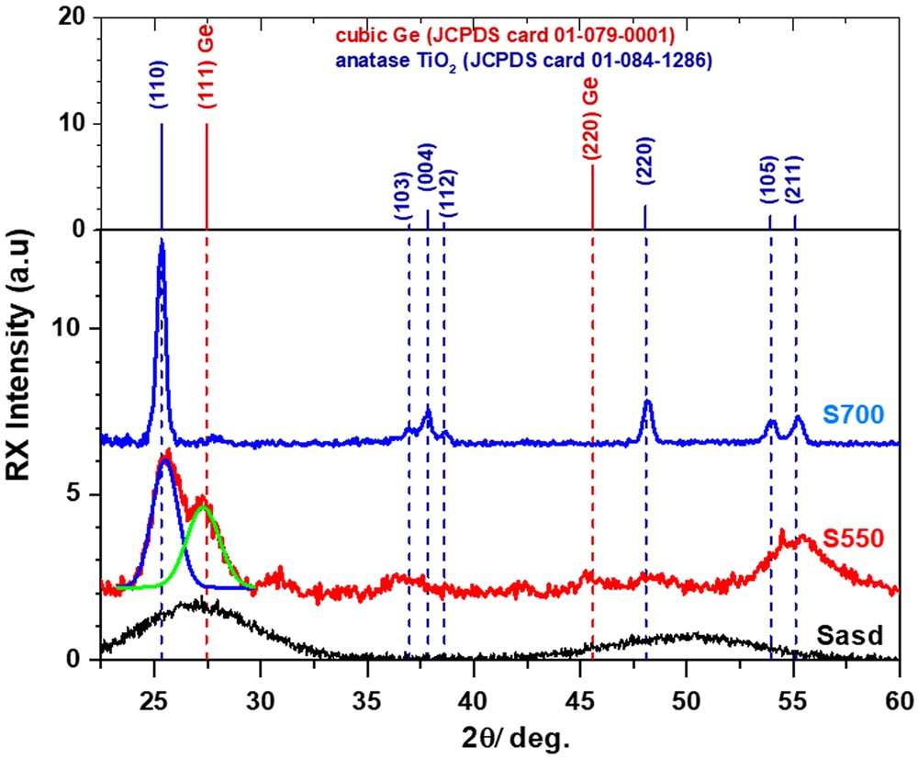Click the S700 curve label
click(x=853, y=415)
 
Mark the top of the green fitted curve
click(x=203, y=505)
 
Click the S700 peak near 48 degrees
click(x=648, y=401)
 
